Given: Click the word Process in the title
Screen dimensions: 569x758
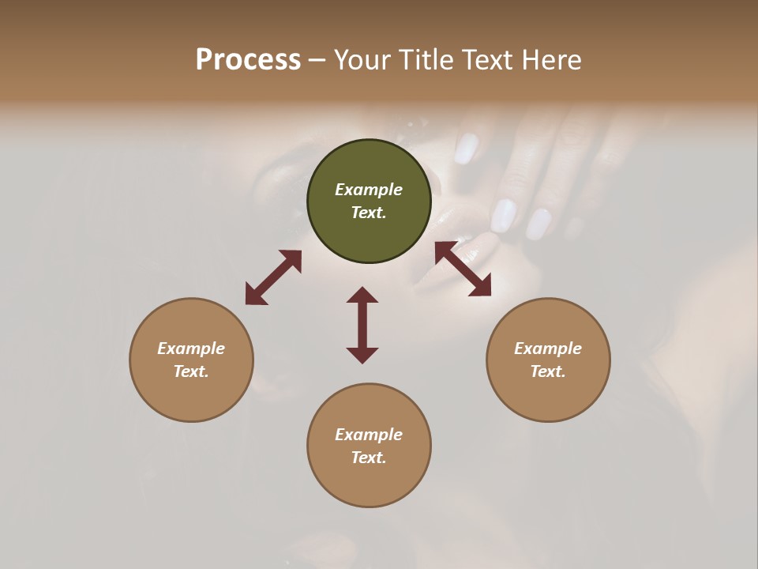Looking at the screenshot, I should (x=248, y=60).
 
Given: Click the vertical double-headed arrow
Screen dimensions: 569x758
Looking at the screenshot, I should (x=362, y=325).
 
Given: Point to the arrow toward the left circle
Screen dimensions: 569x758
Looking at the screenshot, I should (x=273, y=277).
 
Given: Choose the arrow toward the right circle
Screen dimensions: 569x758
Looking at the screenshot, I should (x=463, y=269).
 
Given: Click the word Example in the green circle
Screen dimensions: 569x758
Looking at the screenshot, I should (x=369, y=190).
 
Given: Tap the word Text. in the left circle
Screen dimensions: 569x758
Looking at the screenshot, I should (x=191, y=371).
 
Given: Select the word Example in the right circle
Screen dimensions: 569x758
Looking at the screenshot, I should (x=548, y=349).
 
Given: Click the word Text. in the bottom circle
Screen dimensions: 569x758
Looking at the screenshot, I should (x=369, y=458).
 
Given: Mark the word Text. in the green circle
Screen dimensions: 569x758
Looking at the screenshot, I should (x=369, y=213).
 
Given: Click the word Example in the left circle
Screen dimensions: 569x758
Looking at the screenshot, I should (x=191, y=349).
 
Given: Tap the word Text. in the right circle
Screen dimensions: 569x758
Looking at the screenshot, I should (x=548, y=371).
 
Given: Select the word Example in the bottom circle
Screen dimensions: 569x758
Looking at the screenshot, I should (x=369, y=435).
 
